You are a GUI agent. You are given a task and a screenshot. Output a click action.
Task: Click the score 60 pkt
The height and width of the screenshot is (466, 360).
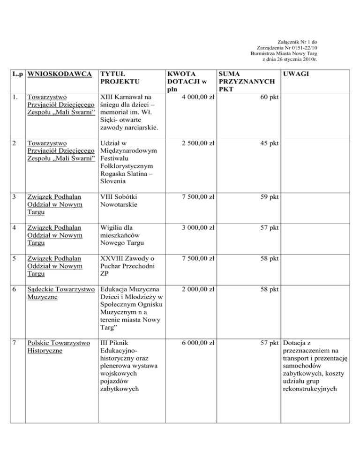[x=269, y=98]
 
